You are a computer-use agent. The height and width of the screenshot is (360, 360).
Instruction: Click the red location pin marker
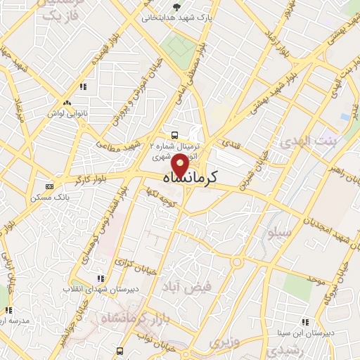point(180,167)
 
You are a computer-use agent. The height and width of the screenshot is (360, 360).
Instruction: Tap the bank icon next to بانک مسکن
point(49,186)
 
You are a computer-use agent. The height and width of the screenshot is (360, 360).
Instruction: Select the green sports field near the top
point(179,45)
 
